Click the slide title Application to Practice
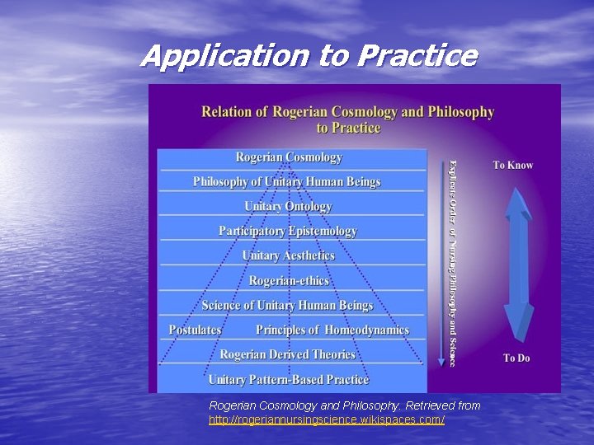[x=309, y=55]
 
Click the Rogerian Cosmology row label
[x=289, y=157]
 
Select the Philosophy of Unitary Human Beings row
[x=286, y=181]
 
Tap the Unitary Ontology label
[x=288, y=206]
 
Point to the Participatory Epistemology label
[x=288, y=231]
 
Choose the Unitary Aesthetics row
[x=288, y=255]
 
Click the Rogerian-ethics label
[x=289, y=280]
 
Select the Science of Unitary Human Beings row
[x=287, y=305]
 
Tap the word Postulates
[x=195, y=330]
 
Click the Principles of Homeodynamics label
[x=332, y=330]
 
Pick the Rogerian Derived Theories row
[x=287, y=354]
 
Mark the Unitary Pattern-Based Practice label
[x=288, y=379]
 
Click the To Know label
[x=513, y=165]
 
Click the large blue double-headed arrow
[x=519, y=264]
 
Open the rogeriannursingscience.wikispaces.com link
[x=327, y=420]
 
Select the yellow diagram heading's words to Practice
[x=348, y=128]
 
